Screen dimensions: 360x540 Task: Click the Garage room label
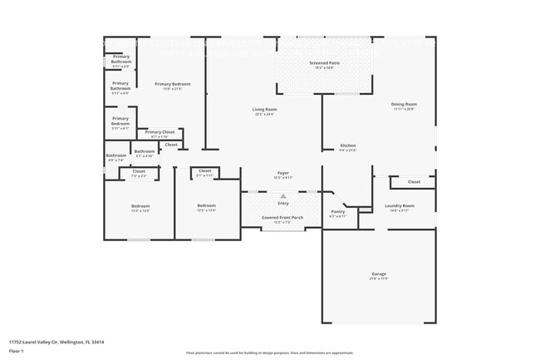click(379, 274)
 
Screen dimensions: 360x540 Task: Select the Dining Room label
click(404, 104)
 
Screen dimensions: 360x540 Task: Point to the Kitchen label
click(347, 145)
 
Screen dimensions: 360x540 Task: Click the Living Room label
click(265, 110)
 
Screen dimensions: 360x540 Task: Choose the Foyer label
click(283, 173)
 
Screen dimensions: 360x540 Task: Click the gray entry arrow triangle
click(282, 196)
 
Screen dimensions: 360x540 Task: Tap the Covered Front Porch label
click(282, 217)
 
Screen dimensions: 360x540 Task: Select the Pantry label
click(337, 212)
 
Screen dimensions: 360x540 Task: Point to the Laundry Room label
click(399, 205)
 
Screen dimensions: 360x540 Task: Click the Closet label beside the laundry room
click(414, 181)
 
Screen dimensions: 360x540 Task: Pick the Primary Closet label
click(160, 132)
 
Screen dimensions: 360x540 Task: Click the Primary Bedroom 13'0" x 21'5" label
click(171, 85)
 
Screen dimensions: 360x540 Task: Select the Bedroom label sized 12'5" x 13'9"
click(206, 205)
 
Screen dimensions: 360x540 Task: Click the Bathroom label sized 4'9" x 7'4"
click(115, 155)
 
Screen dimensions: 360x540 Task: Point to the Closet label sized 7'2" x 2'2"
click(139, 171)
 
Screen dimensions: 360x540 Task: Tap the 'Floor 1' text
click(17, 351)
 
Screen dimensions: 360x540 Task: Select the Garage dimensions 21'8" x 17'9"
click(379, 279)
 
